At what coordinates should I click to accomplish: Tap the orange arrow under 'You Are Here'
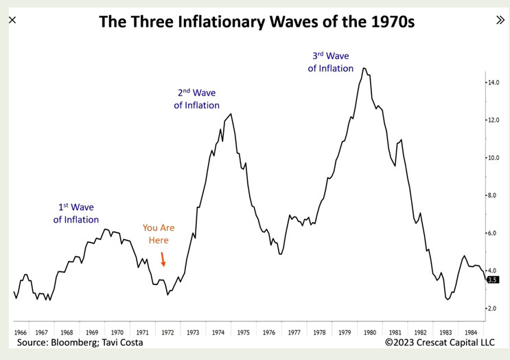coord(163,259)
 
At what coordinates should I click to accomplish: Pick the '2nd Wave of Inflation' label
coord(196,98)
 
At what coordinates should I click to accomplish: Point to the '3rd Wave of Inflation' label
coord(331,61)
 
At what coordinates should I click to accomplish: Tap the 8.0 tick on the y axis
coord(492,196)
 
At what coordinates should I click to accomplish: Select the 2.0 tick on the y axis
coord(492,309)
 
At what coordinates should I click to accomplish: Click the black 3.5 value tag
coord(492,280)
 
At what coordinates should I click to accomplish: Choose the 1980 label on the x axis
coord(370,331)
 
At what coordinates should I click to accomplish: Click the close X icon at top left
coord(12,20)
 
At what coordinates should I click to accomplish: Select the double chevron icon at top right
coord(500,20)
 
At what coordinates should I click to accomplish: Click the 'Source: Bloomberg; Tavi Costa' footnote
coord(80,342)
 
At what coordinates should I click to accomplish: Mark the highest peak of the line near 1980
coord(364,68)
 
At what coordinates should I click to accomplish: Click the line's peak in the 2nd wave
coord(231,114)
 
